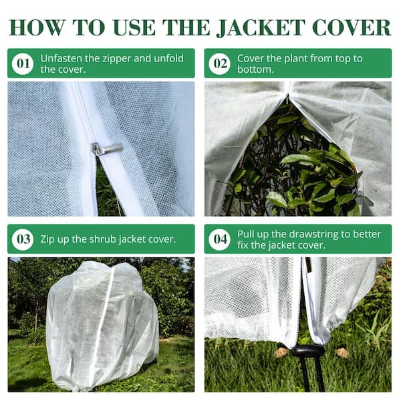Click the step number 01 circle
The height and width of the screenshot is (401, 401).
pos(22,63)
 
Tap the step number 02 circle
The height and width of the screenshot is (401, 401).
pos(219,63)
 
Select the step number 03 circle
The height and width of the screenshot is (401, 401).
pos(22,239)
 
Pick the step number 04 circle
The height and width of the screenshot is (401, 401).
pos(219,239)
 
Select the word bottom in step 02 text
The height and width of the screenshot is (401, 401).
pos(255,70)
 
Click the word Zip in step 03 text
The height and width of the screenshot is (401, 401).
pos(48,239)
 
